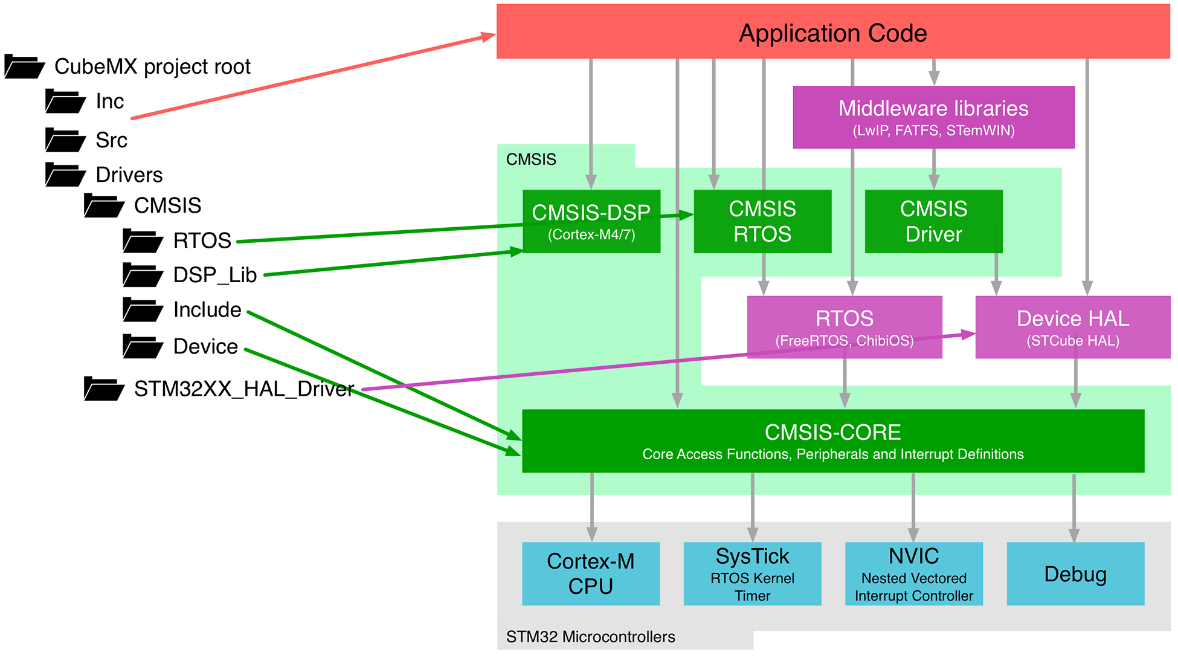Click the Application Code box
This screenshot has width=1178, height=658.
point(832,32)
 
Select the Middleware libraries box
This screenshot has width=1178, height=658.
point(933,117)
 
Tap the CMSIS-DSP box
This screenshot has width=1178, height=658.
point(591,221)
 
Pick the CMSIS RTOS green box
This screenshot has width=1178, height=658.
point(762,221)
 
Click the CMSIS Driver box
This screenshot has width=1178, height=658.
point(933,221)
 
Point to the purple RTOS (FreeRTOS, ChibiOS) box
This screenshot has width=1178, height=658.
point(844,327)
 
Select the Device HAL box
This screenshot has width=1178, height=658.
point(1072,327)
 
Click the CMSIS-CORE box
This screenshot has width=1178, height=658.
point(832,441)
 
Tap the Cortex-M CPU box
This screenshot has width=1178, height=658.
point(590,573)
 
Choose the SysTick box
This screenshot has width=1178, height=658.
point(752,573)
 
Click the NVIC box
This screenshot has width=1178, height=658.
point(913,573)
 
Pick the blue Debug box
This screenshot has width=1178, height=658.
point(1075,573)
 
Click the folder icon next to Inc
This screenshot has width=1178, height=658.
point(65,102)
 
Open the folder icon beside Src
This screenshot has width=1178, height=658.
point(65,140)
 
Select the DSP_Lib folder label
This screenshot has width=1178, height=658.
point(215,275)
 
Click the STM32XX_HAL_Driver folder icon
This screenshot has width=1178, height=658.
point(104,389)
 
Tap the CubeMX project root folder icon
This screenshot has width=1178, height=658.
point(24,66)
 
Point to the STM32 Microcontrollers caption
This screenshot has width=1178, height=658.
point(590,637)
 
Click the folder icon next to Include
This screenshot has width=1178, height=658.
point(143,310)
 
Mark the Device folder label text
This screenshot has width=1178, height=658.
point(205,347)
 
